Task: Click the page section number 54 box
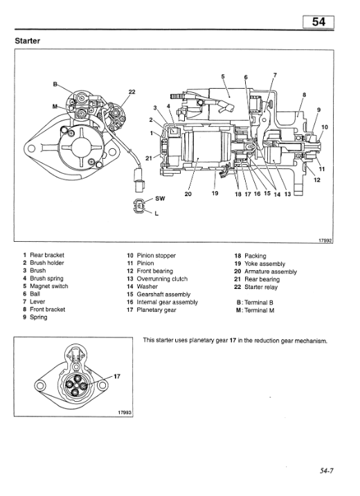[x=318, y=21]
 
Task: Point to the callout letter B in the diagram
[x=56, y=83]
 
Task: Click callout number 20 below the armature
[x=188, y=194]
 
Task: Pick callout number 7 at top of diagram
[x=275, y=75]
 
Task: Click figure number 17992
[x=325, y=241]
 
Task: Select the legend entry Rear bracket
[x=48, y=256]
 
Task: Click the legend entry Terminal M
[x=266, y=310]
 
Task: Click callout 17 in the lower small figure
[x=117, y=376]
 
